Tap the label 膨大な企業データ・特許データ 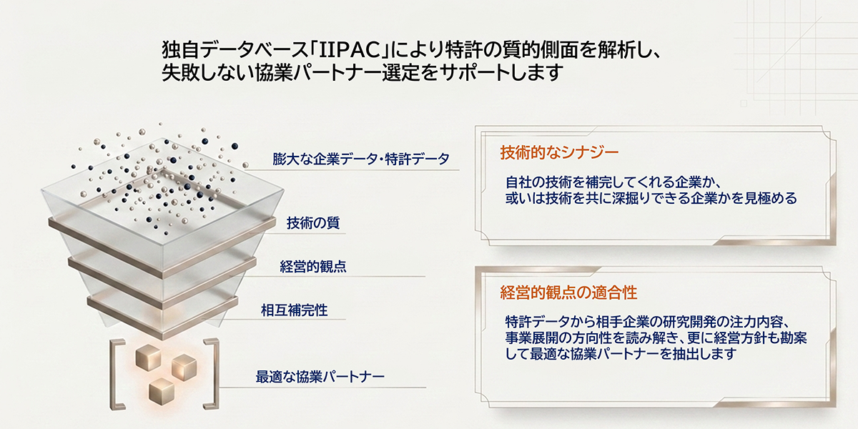(x=361, y=159)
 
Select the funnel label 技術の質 (x=313, y=222)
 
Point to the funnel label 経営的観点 (x=313, y=266)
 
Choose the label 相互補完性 (x=294, y=310)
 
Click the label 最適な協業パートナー (x=320, y=377)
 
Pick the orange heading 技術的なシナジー (x=560, y=152)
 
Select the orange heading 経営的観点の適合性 (x=569, y=292)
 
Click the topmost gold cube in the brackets (x=148, y=357)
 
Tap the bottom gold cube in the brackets (x=162, y=392)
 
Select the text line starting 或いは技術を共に (x=651, y=198)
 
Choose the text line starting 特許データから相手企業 (x=648, y=322)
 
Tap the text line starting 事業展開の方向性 (x=656, y=337)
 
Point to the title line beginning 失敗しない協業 (x=363, y=72)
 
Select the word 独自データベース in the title (x=235, y=49)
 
